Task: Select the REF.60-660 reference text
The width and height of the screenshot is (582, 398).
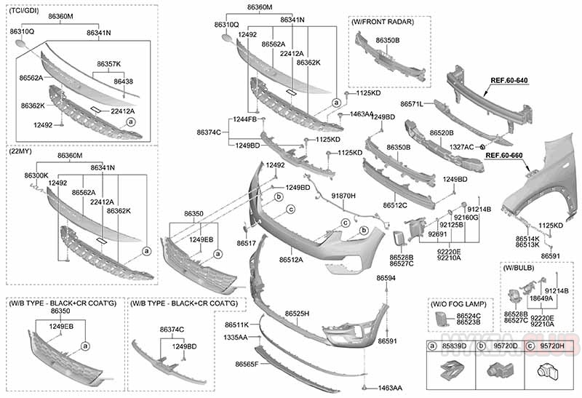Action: coord(504,155)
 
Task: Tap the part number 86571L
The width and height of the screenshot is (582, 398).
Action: coord(412,104)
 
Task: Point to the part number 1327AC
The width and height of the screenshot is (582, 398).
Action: coord(461,146)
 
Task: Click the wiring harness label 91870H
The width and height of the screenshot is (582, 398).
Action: coord(343,196)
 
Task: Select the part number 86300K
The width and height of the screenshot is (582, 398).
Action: coord(36,175)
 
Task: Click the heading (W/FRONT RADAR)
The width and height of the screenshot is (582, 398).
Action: coord(383,23)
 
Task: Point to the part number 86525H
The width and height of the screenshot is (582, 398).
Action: coord(297,313)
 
